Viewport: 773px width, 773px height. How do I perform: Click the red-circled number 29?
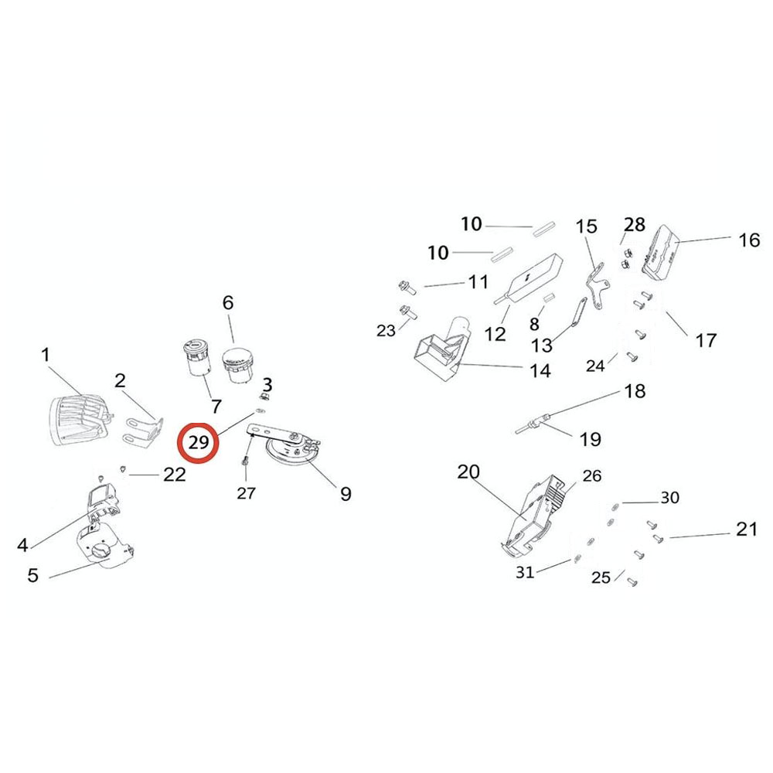199,442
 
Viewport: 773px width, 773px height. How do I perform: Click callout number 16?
749,240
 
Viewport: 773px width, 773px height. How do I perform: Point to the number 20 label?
468,472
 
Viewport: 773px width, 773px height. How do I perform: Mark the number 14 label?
540,371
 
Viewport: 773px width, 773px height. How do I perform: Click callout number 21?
746,530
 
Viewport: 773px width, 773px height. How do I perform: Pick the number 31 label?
526,572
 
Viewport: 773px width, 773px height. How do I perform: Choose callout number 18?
635,391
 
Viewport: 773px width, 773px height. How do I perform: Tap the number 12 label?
495,334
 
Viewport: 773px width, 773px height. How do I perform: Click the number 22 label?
175,475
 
